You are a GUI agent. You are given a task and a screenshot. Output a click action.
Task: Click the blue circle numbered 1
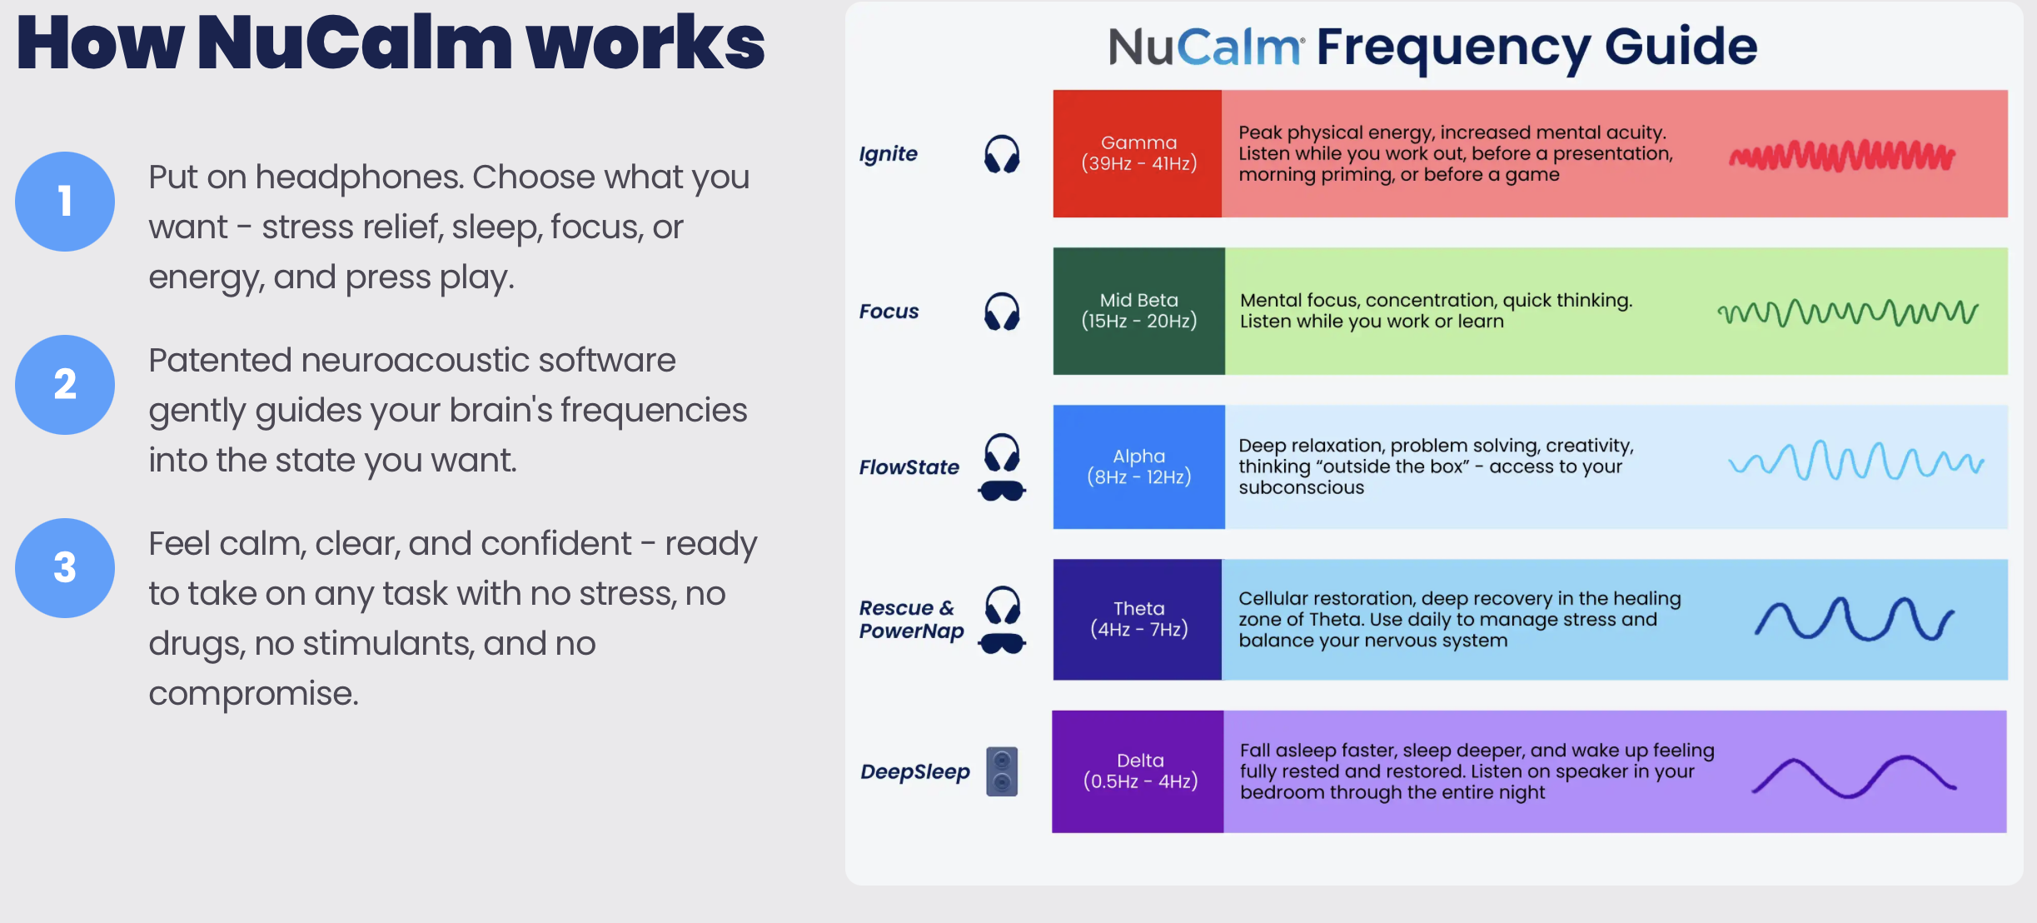[65, 202]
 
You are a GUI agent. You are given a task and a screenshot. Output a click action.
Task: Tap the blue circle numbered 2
[65, 385]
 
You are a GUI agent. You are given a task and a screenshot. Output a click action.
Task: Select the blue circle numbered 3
[65, 568]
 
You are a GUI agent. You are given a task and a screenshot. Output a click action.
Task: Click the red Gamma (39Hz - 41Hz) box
[1137, 154]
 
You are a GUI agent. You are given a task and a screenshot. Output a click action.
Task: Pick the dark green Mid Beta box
[1138, 311]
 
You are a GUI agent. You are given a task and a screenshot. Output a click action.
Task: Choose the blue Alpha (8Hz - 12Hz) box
[1138, 466]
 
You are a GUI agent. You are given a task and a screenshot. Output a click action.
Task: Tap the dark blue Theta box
[1137, 619]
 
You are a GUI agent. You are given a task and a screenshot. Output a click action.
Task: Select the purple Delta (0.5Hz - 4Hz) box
[1138, 771]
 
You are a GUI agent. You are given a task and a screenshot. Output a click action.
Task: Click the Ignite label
[888, 154]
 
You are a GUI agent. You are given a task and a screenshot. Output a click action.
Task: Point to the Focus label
[889, 312]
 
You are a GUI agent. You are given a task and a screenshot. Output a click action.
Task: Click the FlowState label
[909, 467]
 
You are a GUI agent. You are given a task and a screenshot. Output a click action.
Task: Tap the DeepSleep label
[914, 772]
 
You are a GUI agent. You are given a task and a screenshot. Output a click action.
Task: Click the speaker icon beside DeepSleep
[1002, 771]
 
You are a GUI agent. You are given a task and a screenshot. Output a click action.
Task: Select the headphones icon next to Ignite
[1002, 154]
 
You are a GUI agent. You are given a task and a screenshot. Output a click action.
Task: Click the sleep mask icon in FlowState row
[1002, 491]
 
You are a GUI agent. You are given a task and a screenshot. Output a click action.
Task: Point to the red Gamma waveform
[1842, 156]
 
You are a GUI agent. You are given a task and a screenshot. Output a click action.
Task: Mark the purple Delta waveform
[1854, 776]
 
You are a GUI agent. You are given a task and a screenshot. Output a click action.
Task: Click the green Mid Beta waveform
[1847, 313]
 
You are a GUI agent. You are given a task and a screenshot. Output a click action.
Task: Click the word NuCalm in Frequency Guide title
[1204, 47]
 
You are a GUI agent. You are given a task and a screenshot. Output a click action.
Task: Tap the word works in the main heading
[645, 43]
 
